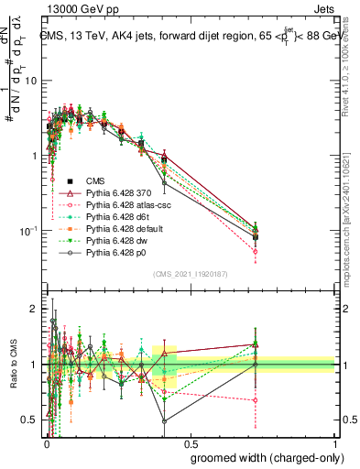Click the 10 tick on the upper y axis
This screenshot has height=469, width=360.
(x=32, y=81)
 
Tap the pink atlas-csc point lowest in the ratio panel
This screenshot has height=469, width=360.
(x=255, y=400)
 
